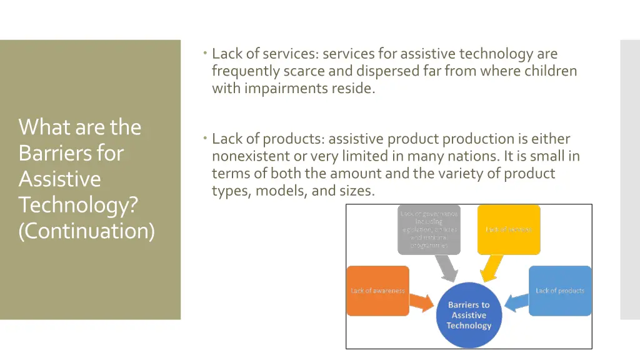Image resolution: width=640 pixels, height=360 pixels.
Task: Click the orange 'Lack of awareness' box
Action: click(377, 291)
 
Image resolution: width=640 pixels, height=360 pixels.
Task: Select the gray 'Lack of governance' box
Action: click(429, 229)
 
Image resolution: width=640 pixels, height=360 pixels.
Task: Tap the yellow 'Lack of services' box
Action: click(509, 229)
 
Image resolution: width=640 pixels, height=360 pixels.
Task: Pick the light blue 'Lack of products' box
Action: click(559, 291)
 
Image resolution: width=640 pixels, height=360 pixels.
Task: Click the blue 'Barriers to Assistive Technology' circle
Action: click(469, 315)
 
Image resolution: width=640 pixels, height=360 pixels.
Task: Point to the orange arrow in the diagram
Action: click(422, 303)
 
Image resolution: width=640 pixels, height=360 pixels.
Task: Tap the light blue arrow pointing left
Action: click(516, 303)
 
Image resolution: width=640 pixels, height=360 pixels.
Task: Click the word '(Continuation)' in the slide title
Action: click(87, 231)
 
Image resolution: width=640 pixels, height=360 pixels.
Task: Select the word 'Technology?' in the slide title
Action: click(78, 204)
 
